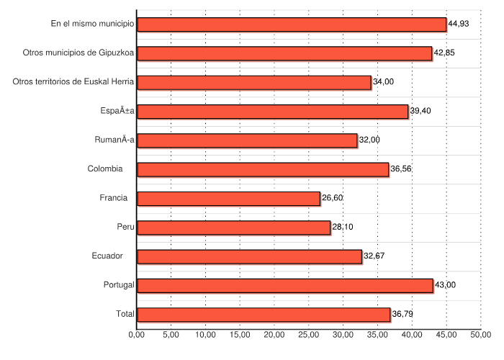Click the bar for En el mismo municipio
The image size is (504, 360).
[x=292, y=24]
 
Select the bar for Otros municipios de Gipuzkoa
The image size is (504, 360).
[x=284, y=53]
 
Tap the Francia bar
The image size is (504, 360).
[x=228, y=199]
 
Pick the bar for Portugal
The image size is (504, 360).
[x=285, y=285]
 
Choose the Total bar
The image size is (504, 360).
[x=264, y=315]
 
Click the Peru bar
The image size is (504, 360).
[x=233, y=228]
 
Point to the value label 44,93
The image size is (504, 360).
[x=459, y=24]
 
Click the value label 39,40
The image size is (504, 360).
[x=420, y=111]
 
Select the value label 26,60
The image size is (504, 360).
[x=332, y=199]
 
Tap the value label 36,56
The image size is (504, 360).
[x=400, y=169]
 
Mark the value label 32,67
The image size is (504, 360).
[x=374, y=256]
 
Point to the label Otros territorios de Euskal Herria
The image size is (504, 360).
[x=73, y=82]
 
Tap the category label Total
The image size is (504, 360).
[x=125, y=315]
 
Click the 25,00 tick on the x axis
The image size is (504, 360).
[x=309, y=335]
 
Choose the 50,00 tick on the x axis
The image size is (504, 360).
[x=481, y=335]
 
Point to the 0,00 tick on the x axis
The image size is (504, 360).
[x=137, y=335]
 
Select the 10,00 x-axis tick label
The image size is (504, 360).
[x=205, y=335]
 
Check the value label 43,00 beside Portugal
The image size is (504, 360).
[x=445, y=285]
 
